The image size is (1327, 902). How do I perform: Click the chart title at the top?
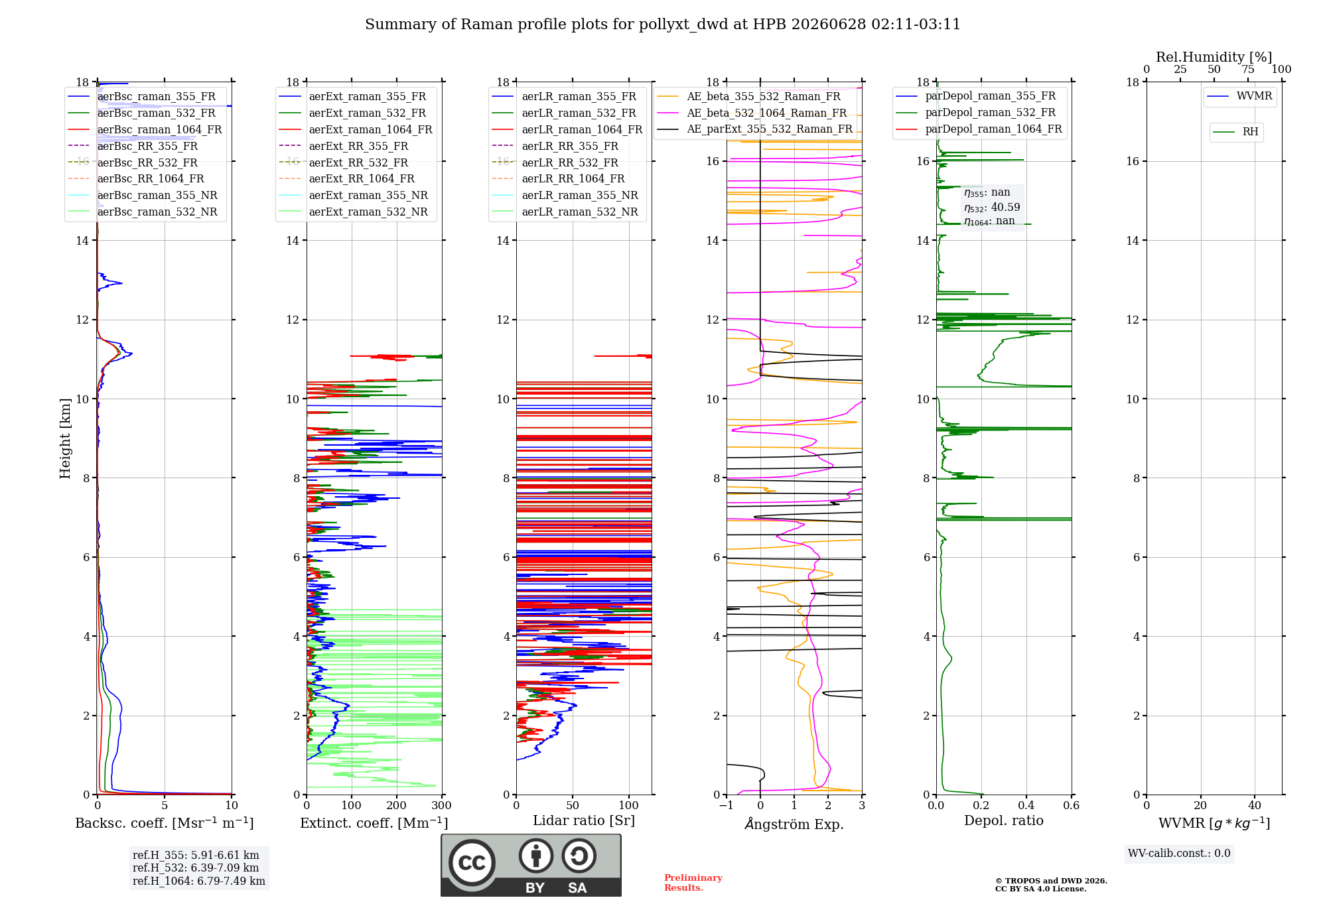663,25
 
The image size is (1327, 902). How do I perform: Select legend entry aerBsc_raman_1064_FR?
145,129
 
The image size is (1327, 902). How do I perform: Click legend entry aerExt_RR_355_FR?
344,146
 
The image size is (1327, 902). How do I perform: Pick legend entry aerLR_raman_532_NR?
565,212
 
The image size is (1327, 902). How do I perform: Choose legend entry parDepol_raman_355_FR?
976,96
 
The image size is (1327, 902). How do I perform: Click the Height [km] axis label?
65,438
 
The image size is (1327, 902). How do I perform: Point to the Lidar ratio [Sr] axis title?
584,820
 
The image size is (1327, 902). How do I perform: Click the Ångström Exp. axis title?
794,824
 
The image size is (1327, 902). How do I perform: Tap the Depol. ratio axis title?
1004,820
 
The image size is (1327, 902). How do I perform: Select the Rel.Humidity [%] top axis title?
1214,57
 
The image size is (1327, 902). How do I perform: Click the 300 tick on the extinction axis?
441,805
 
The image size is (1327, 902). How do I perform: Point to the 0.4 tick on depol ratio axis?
1026,805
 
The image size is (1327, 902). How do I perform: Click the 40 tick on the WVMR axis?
1255,805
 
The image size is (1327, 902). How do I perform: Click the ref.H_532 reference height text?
196,868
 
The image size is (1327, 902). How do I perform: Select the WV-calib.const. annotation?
1179,854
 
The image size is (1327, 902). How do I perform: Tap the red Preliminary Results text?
693,883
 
